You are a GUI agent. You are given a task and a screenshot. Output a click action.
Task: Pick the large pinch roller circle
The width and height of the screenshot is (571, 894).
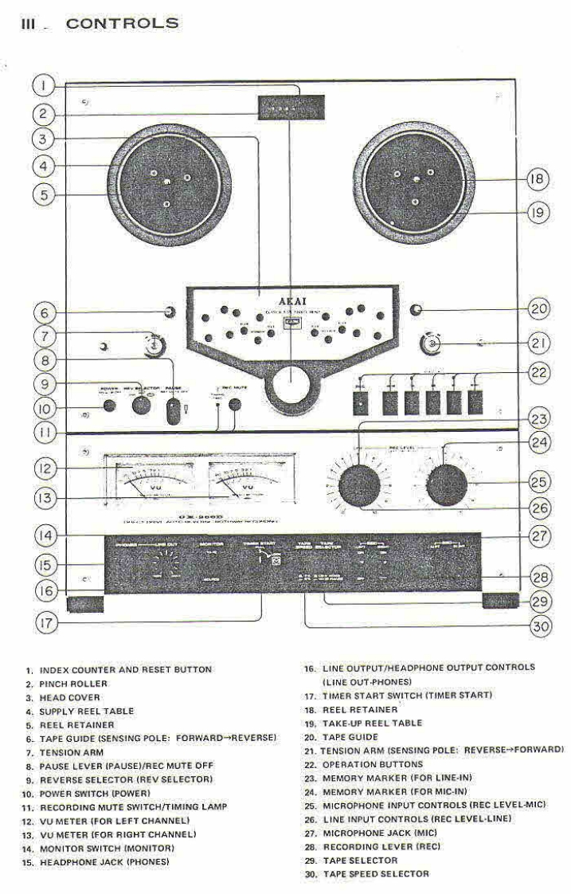pos(291,386)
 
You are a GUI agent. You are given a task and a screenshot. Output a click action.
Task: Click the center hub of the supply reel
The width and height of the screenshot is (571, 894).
pos(166,183)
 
